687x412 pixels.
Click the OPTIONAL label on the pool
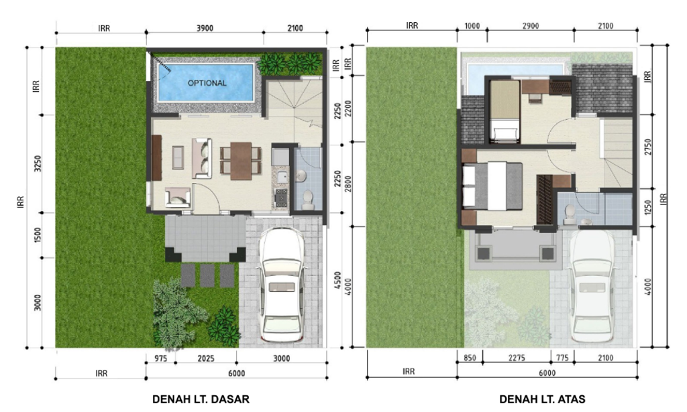coord(207,83)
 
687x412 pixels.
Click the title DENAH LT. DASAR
coord(201,399)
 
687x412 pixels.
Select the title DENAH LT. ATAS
coord(542,399)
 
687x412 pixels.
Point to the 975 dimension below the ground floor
coord(160,358)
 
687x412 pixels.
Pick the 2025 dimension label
coord(206,358)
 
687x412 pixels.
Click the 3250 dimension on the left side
coord(38,164)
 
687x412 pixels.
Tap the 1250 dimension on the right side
coord(647,208)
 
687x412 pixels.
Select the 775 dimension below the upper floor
coord(562,358)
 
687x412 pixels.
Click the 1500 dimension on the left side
coord(38,235)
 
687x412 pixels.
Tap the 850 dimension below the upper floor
coord(470,358)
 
